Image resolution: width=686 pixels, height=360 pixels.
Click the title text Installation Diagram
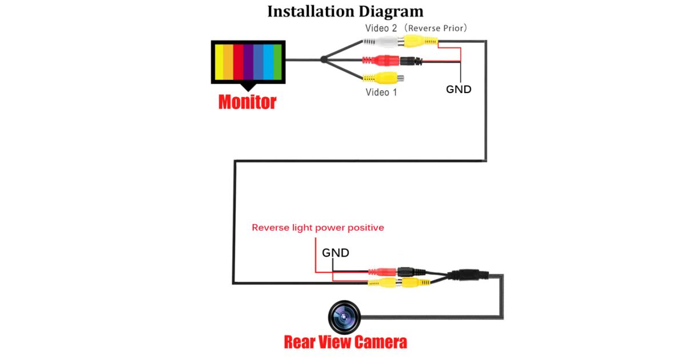click(x=345, y=11)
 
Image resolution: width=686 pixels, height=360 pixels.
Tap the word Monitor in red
click(x=247, y=102)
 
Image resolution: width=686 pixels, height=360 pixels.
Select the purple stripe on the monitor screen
click(x=248, y=62)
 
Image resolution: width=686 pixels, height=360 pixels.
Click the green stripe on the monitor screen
click(x=278, y=62)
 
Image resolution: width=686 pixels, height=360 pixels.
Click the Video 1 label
click(x=381, y=91)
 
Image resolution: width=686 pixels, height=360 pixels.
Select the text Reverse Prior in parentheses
click(x=441, y=27)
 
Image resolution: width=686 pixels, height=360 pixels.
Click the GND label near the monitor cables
click(x=458, y=89)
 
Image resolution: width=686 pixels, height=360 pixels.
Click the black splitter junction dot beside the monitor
click(x=324, y=59)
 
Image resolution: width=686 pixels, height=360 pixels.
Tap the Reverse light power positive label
click(x=318, y=227)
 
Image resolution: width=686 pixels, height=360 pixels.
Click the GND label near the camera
click(x=336, y=252)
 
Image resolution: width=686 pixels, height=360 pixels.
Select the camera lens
click(x=344, y=316)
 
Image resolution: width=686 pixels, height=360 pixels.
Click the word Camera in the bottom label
click(x=380, y=342)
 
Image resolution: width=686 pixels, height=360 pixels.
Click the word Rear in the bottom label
click(x=304, y=342)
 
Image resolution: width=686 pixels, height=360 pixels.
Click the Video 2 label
click(x=381, y=27)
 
